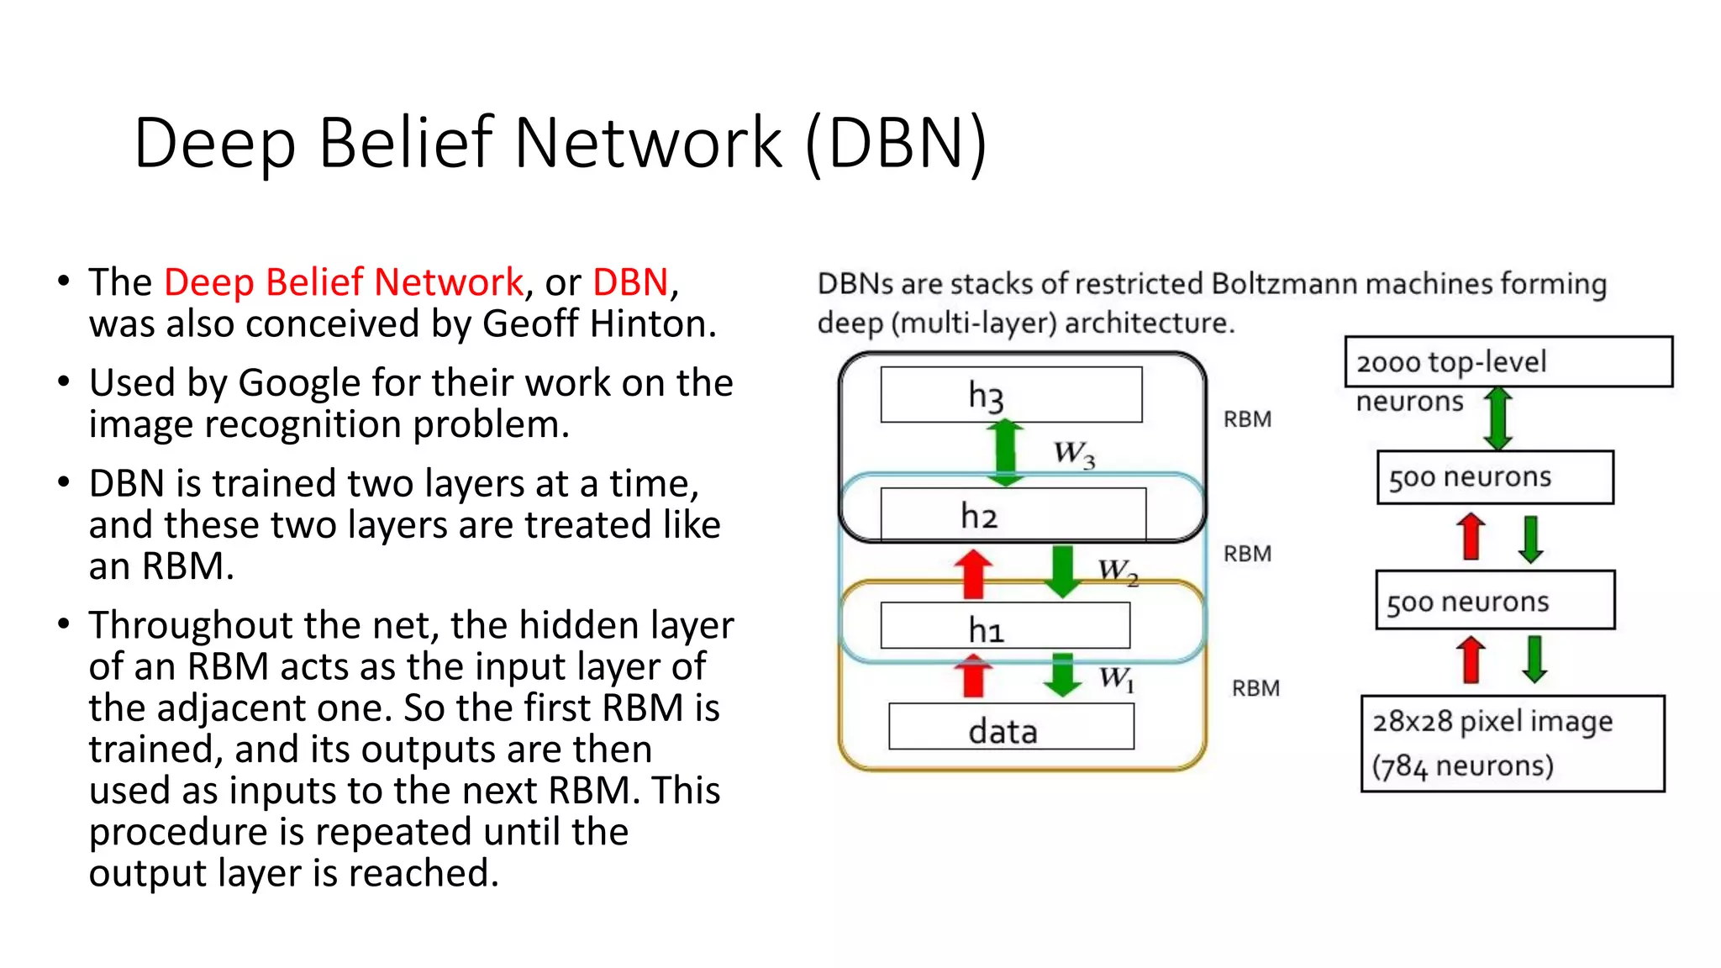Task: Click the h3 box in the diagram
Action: tap(1011, 394)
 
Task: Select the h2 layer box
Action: tap(1013, 514)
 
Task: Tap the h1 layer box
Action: tap(1005, 627)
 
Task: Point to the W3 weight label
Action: tap(1075, 454)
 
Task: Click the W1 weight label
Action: tap(1117, 677)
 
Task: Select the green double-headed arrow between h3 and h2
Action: tap(1005, 452)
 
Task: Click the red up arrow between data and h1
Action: tap(973, 677)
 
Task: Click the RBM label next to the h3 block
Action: tap(1247, 419)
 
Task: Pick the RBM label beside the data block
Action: tap(1255, 688)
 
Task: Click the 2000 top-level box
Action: tap(1508, 361)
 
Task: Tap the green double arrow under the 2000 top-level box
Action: tap(1498, 418)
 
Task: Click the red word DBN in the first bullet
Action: tap(630, 282)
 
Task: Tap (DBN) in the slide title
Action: tap(896, 143)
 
